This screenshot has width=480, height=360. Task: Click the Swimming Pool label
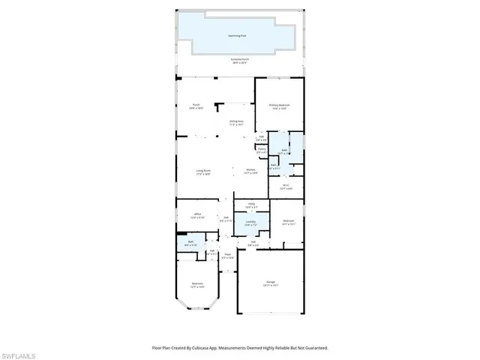coord(239,36)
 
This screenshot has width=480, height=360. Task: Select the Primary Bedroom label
coord(280,106)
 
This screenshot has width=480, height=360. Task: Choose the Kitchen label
coord(251,172)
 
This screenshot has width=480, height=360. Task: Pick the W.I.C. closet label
coord(286,184)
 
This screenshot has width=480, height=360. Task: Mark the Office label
coord(197,215)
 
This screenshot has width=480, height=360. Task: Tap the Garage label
coord(270,283)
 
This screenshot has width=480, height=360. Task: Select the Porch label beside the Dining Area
coord(196,106)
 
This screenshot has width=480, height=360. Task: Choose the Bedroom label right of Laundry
coord(287,222)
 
